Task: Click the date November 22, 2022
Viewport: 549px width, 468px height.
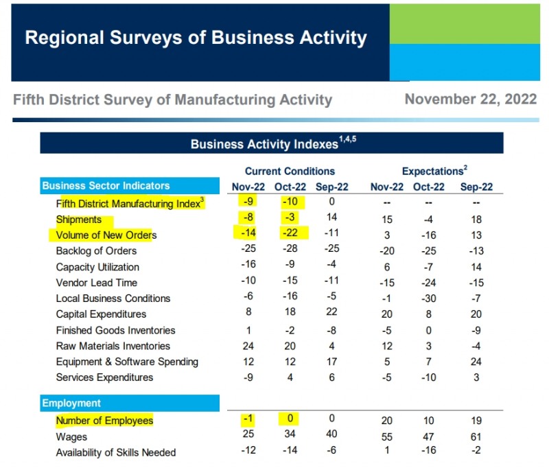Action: point(471,100)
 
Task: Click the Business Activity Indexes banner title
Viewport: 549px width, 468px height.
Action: point(273,143)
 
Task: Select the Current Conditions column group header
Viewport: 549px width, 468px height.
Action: point(290,171)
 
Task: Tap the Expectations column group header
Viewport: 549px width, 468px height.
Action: point(434,171)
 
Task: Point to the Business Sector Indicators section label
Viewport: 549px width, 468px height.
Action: point(106,185)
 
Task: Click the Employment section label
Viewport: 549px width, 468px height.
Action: point(71,403)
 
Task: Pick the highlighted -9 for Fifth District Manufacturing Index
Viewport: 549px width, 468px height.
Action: point(248,201)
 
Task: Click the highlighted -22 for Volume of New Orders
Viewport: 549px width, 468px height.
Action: point(290,233)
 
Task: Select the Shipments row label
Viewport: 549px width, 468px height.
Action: point(79,220)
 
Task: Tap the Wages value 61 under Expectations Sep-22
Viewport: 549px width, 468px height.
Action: point(476,437)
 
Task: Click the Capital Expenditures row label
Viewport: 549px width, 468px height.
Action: point(101,314)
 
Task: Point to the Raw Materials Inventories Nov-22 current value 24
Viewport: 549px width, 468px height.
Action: point(248,346)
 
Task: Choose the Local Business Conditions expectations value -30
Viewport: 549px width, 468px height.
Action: point(429,299)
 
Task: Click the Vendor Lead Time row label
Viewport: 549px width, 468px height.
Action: point(97,283)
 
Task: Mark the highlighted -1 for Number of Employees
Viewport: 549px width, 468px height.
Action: point(248,419)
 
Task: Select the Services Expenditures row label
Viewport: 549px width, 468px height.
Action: point(105,377)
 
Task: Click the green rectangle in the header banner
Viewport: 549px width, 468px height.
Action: point(465,24)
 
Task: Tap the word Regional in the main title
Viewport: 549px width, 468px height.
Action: point(65,38)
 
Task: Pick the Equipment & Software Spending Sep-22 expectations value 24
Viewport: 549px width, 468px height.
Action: point(476,362)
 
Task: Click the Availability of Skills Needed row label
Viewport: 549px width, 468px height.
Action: point(116,452)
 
